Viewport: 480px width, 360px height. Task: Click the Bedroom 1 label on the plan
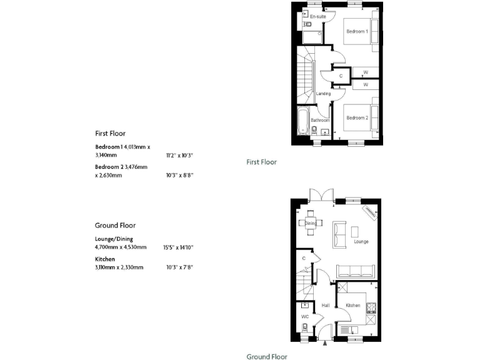[357, 31]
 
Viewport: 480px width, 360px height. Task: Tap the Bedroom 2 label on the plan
[357, 118]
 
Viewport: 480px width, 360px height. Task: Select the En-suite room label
[317, 17]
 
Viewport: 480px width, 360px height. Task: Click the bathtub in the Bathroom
[303, 122]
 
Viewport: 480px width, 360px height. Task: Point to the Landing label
[323, 94]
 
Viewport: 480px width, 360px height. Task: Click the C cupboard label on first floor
[341, 76]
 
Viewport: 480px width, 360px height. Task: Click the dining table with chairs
[310, 222]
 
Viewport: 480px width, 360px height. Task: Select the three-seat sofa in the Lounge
[356, 271]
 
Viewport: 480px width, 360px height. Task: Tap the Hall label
[325, 306]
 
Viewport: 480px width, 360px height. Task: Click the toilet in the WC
[304, 327]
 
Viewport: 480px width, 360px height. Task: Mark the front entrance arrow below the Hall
[324, 342]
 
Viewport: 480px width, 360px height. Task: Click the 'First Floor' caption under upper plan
[261, 162]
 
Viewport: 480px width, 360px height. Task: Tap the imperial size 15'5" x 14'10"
[178, 247]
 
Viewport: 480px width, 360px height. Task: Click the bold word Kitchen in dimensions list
[104, 258]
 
